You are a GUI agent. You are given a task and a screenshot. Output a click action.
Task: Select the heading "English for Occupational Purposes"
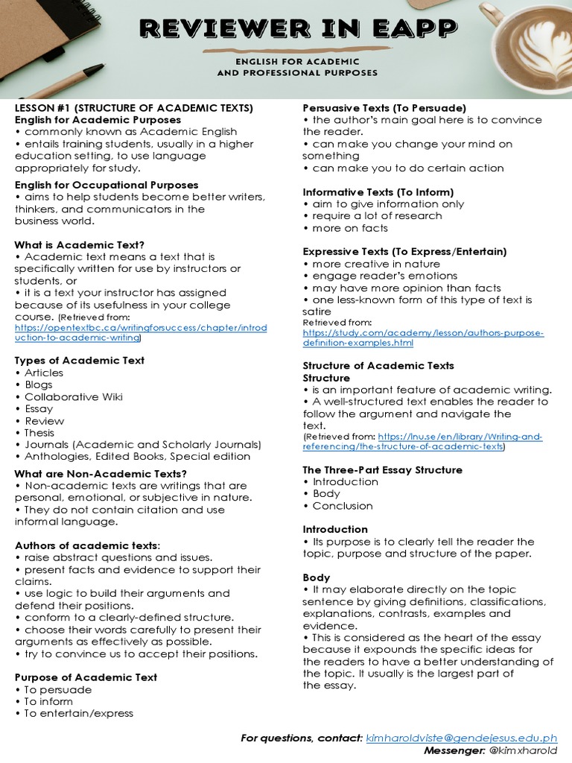coord(107,185)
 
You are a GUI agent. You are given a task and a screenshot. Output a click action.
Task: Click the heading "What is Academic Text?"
coord(80,244)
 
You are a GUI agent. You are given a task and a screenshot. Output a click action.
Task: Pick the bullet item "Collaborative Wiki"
coord(73,396)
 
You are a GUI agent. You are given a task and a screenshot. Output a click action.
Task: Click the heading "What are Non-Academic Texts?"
coord(101,474)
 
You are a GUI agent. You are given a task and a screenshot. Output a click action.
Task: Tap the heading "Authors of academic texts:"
coord(87,545)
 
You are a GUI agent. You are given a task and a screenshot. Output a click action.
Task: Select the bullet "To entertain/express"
coord(78,713)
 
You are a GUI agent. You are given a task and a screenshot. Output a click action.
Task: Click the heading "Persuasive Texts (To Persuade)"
coord(384,108)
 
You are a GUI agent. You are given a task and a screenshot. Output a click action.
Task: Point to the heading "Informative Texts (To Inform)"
coord(378,192)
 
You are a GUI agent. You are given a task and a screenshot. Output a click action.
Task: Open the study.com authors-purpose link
coord(423,338)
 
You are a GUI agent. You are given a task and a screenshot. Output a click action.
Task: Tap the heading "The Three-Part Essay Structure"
coord(382,470)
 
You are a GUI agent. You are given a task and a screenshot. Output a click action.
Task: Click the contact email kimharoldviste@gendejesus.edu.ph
coord(462,738)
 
